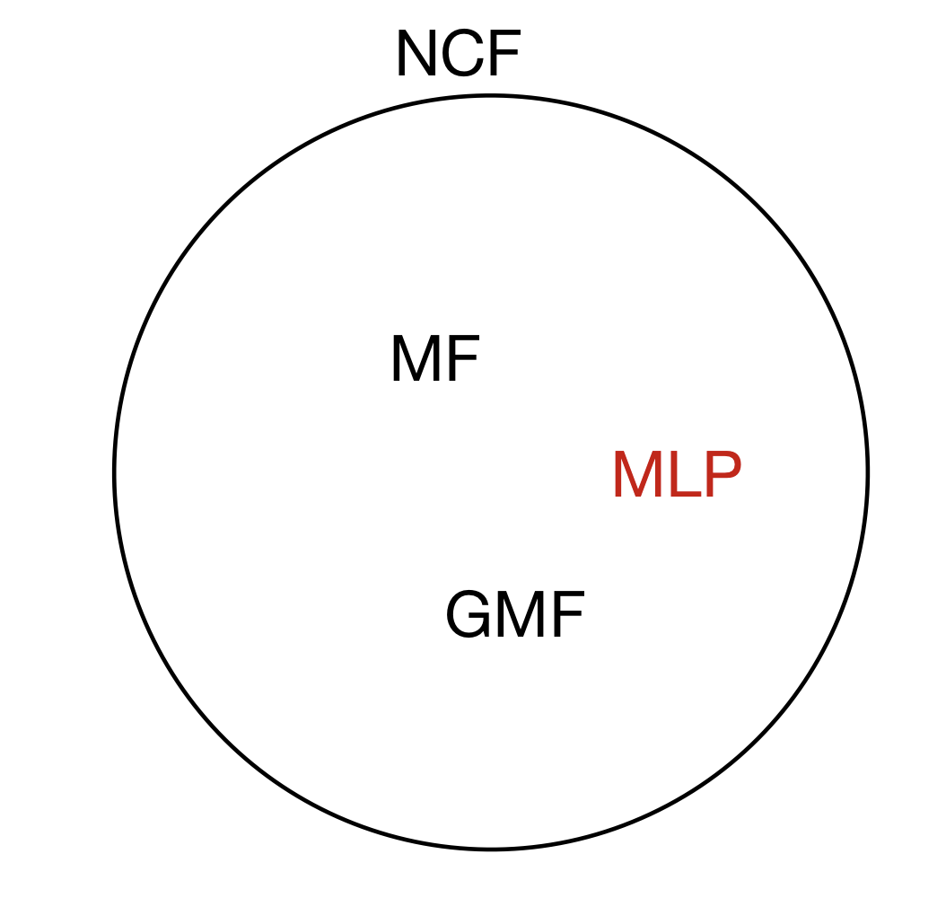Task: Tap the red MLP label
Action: [677, 477]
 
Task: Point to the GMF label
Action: [515, 616]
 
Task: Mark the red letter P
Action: [723, 477]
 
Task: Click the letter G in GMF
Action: [469, 616]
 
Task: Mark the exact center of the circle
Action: [491, 472]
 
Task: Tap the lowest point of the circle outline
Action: [491, 848]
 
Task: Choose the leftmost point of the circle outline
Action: [115, 472]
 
